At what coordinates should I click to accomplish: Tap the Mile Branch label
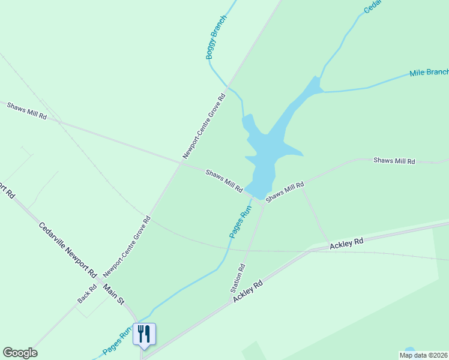[x=429, y=73]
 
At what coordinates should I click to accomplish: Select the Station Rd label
[x=238, y=278]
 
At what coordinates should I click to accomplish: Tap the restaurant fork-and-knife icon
[x=144, y=334]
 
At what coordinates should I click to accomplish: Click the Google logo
[x=20, y=353]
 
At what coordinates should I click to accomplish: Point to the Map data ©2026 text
[x=424, y=355]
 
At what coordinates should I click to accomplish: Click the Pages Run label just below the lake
[x=240, y=222]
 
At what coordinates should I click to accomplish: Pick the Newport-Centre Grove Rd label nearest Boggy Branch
[x=204, y=126]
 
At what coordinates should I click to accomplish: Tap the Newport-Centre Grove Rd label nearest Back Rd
[x=127, y=247]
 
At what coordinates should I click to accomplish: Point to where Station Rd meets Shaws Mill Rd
[x=263, y=203]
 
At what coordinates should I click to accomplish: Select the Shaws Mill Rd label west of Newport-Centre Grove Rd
[x=27, y=110]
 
